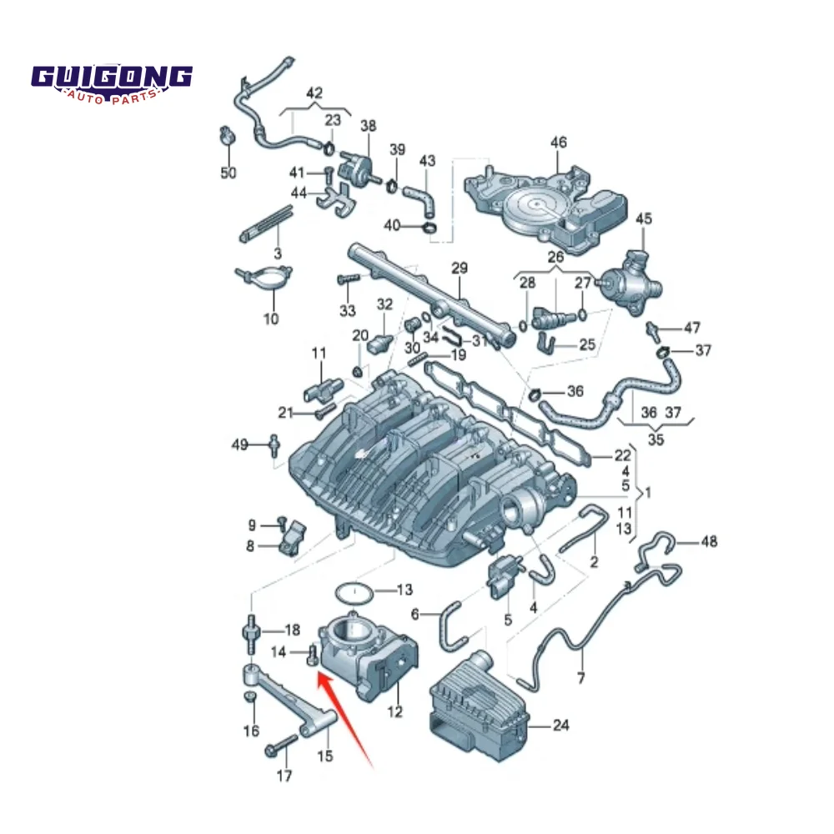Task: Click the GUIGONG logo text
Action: (x=113, y=78)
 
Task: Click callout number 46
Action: (x=558, y=143)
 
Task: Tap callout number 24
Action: (x=560, y=726)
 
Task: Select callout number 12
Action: (x=395, y=711)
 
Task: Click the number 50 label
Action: (x=229, y=173)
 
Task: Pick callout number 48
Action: (x=708, y=542)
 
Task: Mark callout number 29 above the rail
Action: (x=460, y=269)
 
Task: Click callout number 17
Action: (x=284, y=776)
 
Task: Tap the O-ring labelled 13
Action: (x=354, y=594)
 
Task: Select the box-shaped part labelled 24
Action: (x=480, y=709)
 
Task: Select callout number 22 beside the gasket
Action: (x=622, y=455)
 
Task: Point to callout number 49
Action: (x=240, y=445)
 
